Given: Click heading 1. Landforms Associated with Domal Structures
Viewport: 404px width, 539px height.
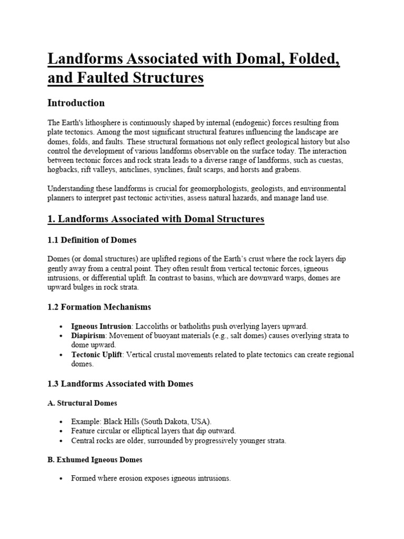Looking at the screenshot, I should (x=156, y=218).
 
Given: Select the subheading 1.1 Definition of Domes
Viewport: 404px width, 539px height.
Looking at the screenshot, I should (x=92, y=240).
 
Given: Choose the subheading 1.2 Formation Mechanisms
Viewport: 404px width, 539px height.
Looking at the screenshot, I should (x=99, y=306).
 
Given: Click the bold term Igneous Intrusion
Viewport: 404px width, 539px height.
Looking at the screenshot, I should (x=101, y=326).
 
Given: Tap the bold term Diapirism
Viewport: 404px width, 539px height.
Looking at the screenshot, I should (x=88, y=335).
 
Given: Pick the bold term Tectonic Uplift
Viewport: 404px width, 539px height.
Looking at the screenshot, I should (x=96, y=355).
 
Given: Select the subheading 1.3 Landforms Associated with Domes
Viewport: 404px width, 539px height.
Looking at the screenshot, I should (x=120, y=384).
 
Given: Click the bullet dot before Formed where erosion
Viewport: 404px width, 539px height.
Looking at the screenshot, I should (x=63, y=479).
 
